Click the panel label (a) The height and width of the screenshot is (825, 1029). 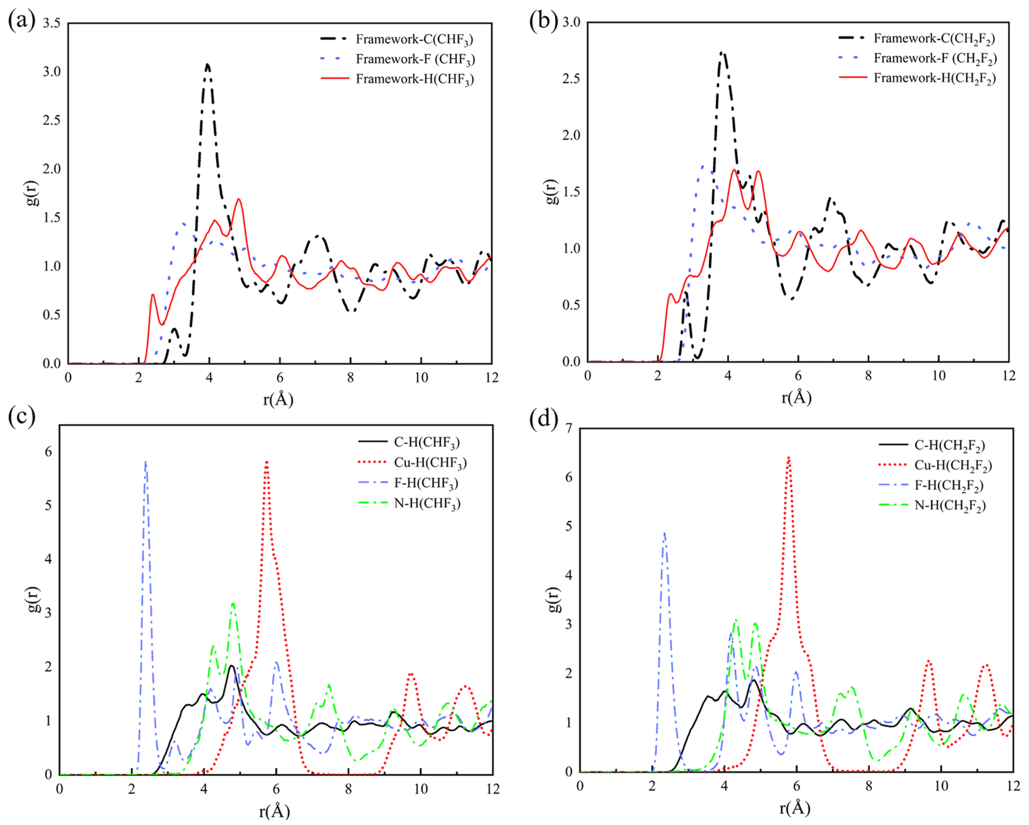point(21,21)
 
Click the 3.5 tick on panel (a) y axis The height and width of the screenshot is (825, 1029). point(52,23)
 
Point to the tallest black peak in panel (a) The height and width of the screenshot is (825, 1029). point(208,64)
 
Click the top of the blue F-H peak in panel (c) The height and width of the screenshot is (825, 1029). point(146,462)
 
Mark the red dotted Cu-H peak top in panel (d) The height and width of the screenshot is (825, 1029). point(789,457)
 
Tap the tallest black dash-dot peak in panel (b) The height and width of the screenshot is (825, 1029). point(723,52)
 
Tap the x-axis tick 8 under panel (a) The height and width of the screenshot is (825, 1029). point(350,378)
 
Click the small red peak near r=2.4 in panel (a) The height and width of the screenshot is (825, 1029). point(153,295)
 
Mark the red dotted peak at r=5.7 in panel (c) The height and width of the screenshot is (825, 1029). point(266,462)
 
